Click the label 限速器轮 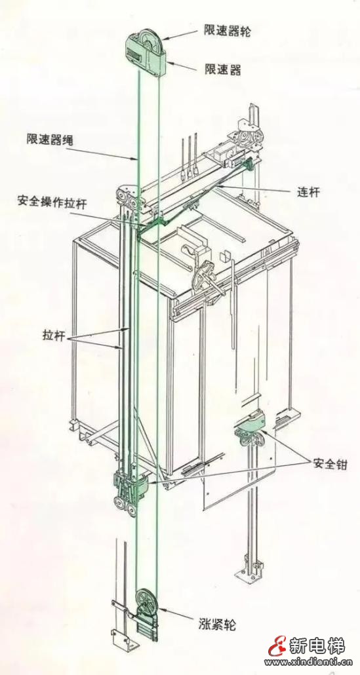pyautogui.click(x=228, y=31)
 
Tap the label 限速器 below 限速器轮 pyautogui.click(x=222, y=69)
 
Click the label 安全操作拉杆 pyautogui.click(x=52, y=202)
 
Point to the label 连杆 pyautogui.click(x=308, y=192)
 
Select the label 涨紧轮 pyautogui.click(x=217, y=624)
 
